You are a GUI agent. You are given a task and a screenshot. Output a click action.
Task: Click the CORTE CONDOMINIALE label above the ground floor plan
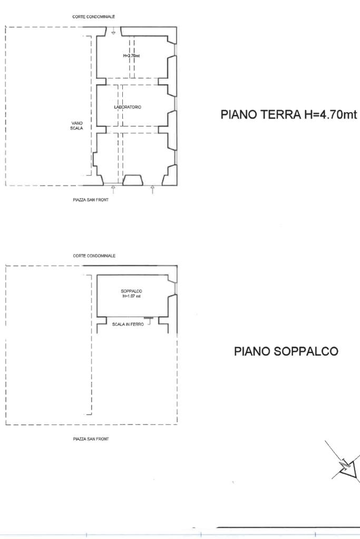(x=93, y=16)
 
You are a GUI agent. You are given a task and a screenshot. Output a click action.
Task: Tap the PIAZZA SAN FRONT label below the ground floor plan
(x=91, y=200)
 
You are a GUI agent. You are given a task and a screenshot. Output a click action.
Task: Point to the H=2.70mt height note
(x=131, y=56)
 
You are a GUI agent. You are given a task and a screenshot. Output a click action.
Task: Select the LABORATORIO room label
(x=128, y=107)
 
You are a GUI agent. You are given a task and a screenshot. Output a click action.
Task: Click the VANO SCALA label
(x=77, y=125)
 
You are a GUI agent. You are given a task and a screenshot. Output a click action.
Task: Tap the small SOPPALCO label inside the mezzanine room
(x=131, y=291)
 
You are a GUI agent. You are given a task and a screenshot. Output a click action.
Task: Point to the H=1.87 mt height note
(x=131, y=296)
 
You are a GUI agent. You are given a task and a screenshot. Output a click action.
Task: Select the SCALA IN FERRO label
(x=128, y=324)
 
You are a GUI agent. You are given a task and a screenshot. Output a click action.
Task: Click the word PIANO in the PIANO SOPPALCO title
(x=252, y=351)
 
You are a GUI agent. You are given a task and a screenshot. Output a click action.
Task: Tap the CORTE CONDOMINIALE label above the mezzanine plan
(x=94, y=256)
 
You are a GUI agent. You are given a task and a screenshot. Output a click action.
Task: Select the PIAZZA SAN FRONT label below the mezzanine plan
(x=91, y=439)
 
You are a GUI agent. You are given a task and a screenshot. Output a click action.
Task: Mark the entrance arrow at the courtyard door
(x=113, y=32)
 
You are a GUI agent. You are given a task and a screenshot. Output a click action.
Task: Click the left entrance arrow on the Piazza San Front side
(x=113, y=189)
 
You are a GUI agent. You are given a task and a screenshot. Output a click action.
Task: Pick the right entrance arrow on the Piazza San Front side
(x=152, y=189)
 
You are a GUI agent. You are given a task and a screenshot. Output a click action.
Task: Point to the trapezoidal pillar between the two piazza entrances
(x=133, y=181)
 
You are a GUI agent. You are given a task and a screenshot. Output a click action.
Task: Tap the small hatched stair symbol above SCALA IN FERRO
(x=148, y=318)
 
